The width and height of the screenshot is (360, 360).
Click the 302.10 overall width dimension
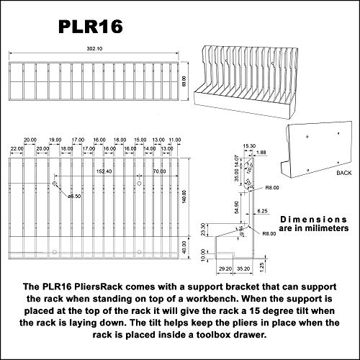(95, 50)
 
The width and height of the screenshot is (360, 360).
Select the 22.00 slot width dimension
(16, 148)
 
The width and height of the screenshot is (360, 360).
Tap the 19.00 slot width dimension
(55, 141)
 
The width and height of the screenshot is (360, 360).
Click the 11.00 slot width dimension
(174, 141)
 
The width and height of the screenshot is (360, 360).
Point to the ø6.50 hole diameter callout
(73, 195)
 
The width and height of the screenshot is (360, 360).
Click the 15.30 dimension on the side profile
(248, 145)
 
